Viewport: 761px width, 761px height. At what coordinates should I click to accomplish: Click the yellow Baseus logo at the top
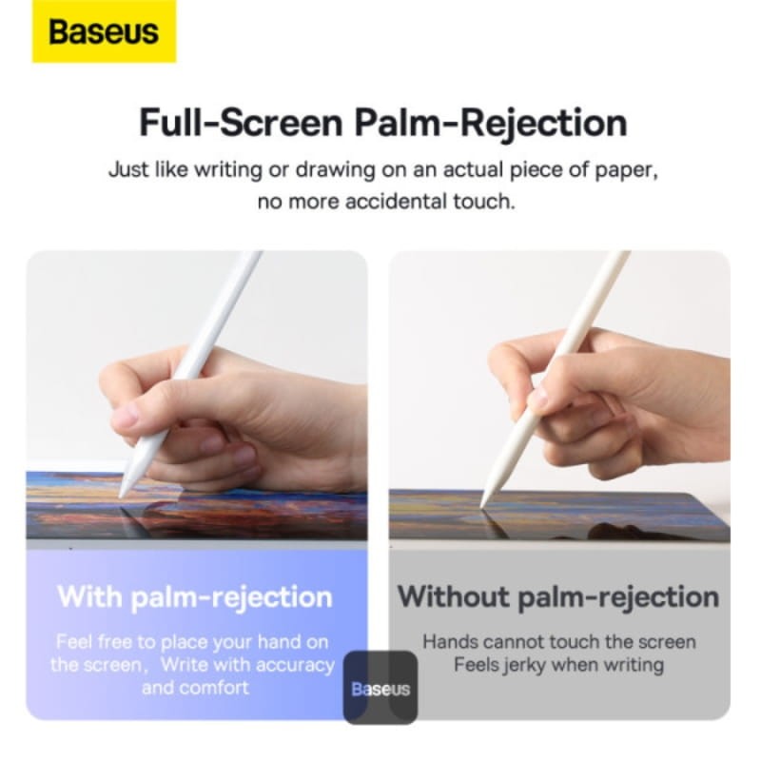pyautogui.click(x=104, y=31)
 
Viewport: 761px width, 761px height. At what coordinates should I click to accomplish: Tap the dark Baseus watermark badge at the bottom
pyautogui.click(x=380, y=689)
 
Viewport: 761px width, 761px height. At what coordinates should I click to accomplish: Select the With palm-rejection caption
pyautogui.click(x=195, y=597)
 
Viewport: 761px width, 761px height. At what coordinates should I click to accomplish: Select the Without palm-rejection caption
pyautogui.click(x=558, y=597)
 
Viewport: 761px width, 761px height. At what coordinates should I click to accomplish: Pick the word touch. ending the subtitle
pyautogui.click(x=487, y=202)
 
